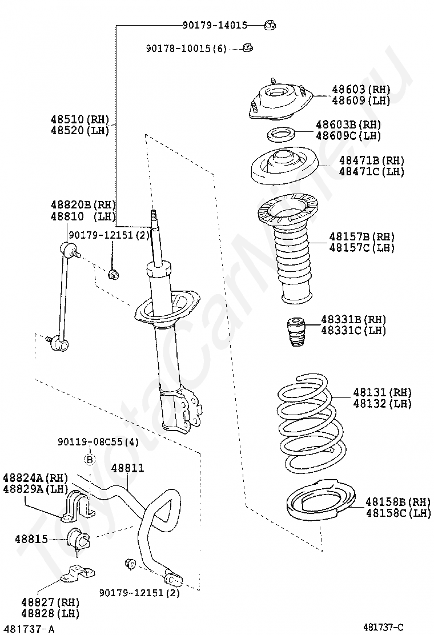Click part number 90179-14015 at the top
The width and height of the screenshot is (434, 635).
tap(215, 25)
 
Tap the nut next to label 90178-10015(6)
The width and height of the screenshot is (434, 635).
tap(247, 48)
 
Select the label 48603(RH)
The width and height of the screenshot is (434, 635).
tap(361, 89)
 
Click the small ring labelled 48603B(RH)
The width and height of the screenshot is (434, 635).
tap(281, 135)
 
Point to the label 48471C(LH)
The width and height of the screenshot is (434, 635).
tap(371, 171)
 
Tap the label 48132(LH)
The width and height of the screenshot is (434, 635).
tap(382, 404)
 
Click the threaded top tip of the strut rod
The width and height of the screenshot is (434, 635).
tap(153, 216)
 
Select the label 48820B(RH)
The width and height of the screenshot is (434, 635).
tap(83, 204)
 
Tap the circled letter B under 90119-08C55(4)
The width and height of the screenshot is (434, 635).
tap(90, 459)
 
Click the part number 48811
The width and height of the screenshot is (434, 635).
tap(127, 468)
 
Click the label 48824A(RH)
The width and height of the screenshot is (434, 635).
tap(35, 477)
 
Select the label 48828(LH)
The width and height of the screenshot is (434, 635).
tap(50, 613)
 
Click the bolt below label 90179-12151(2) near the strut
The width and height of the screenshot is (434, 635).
tap(113, 275)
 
